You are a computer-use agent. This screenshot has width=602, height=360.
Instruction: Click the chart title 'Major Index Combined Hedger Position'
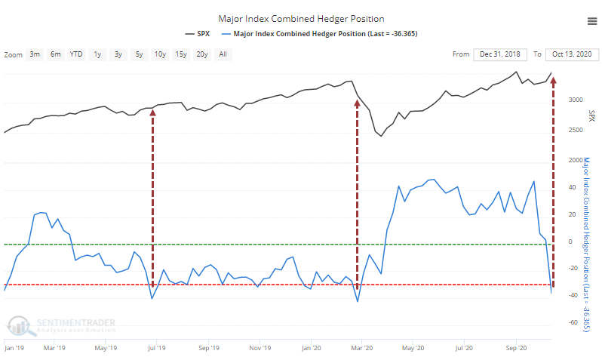[x=300, y=18]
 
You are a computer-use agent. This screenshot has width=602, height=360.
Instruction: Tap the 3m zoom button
[x=35, y=54]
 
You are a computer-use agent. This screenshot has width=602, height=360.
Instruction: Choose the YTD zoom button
[x=76, y=54]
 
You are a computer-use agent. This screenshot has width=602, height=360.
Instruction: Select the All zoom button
[x=223, y=54]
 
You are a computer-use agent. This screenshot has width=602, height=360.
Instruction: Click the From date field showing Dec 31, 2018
[x=502, y=54]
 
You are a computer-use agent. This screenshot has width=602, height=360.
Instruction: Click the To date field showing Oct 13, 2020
[x=570, y=54]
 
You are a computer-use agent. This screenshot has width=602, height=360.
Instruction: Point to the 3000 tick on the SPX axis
[x=575, y=100]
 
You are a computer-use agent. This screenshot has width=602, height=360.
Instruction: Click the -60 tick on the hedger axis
[x=573, y=323]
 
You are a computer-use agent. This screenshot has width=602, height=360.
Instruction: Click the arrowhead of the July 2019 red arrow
[x=153, y=112]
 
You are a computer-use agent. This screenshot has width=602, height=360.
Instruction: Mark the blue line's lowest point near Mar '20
[x=357, y=301]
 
